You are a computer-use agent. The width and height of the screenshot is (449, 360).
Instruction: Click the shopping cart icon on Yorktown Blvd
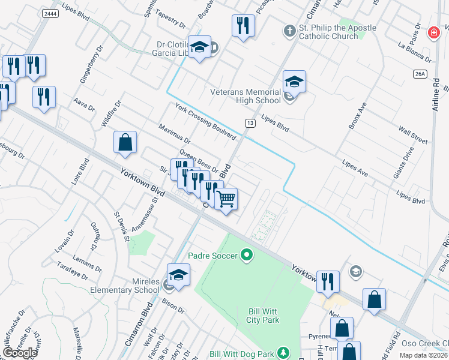[x=226, y=199]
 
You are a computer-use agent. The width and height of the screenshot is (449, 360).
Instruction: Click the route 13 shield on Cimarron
[x=249, y=122]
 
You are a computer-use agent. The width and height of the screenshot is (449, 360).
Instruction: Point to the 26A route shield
[x=420, y=74]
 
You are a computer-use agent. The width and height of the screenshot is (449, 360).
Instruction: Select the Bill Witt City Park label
[x=264, y=316]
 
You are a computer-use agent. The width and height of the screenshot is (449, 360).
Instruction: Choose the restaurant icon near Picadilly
[x=243, y=25]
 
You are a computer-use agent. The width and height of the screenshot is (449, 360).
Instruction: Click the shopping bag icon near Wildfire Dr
[x=125, y=143]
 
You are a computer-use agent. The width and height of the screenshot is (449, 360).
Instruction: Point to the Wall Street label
[x=412, y=134]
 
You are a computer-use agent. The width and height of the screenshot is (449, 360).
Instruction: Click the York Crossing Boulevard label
[x=205, y=121]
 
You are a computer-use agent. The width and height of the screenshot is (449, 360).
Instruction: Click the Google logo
[x=20, y=353]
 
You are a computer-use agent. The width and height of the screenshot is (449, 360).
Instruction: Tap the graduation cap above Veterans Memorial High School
[x=294, y=81]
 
